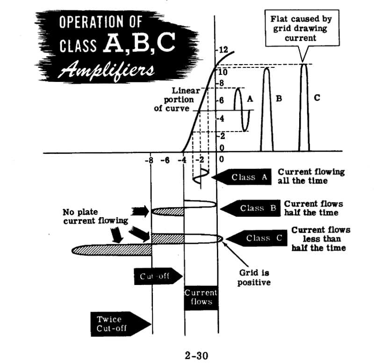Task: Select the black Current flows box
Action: pyautogui.click(x=201, y=298)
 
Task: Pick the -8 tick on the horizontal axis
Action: pyautogui.click(x=150, y=160)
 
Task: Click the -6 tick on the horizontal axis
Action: pyautogui.click(x=164, y=160)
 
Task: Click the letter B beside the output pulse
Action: pyautogui.click(x=279, y=99)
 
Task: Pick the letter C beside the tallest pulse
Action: pyautogui.click(x=317, y=98)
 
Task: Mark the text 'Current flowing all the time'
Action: pyautogui.click(x=311, y=176)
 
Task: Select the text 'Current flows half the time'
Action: pyautogui.click(x=313, y=208)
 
